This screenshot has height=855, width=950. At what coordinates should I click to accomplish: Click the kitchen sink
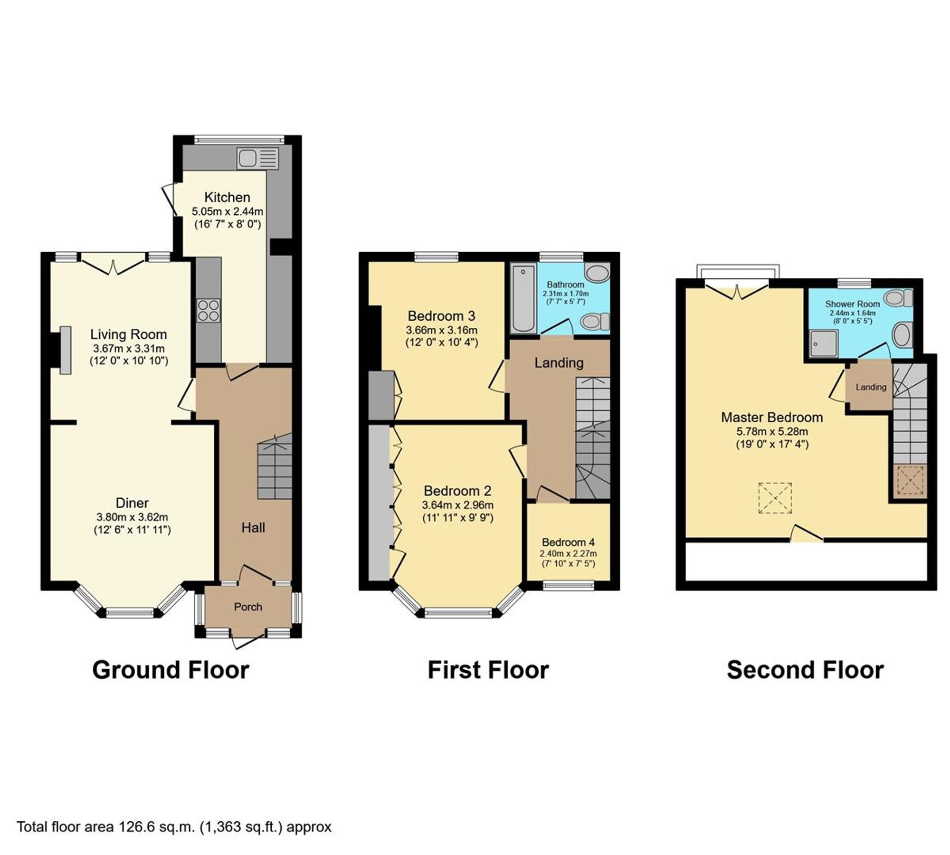pyautogui.click(x=257, y=158)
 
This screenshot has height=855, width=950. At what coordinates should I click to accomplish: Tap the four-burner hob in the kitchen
pyautogui.click(x=209, y=311)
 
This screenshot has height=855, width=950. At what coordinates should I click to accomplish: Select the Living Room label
pyautogui.click(x=129, y=334)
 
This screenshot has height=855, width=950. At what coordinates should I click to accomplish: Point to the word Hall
pyautogui.click(x=253, y=527)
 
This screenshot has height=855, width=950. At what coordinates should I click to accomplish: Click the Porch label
pyautogui.click(x=248, y=607)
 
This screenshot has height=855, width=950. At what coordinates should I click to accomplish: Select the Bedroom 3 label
pyautogui.click(x=441, y=316)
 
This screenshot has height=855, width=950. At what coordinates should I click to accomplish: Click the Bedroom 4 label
pyautogui.click(x=568, y=542)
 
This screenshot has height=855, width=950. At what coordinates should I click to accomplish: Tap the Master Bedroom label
pyautogui.click(x=772, y=418)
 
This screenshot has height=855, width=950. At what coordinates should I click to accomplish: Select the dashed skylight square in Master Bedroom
pyautogui.click(x=775, y=498)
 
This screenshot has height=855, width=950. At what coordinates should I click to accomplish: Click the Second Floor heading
pyautogui.click(x=805, y=670)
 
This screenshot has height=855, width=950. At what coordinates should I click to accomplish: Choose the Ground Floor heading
pyautogui.click(x=171, y=670)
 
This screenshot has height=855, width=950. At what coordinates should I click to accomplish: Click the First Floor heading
pyautogui.click(x=488, y=670)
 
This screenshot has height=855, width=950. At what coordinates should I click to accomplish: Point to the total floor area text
pyautogui.click(x=174, y=827)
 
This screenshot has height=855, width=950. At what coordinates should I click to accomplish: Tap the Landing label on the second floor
pyautogui.click(x=871, y=387)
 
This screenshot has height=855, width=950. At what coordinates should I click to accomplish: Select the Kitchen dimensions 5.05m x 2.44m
pyautogui.click(x=228, y=211)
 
